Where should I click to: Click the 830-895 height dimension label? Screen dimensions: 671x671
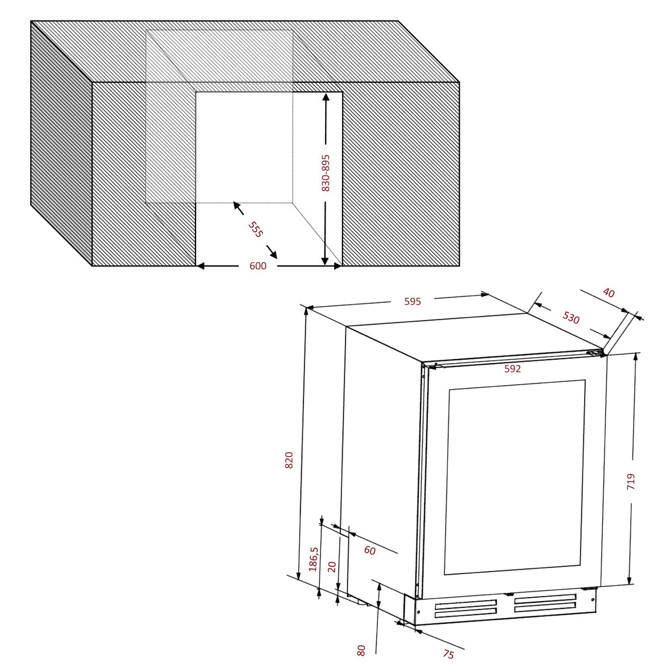pos(326,173)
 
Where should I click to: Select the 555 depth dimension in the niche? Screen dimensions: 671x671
pos(256,230)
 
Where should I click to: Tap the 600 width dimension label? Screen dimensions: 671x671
pos(258,266)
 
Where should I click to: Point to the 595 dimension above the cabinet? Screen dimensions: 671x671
pos(412,301)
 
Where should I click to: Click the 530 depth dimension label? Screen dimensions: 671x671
pos(571,318)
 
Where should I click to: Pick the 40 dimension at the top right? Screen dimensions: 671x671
pos(609,293)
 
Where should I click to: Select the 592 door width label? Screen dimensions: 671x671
pos(512,368)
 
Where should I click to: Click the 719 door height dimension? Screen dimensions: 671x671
pos(631,481)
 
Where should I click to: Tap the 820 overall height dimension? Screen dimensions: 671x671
pos(289,460)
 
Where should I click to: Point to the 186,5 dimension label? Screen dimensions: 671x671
pos(314,559)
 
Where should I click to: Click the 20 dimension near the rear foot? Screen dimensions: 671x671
pos(332,567)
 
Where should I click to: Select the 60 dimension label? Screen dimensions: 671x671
pos(370,551)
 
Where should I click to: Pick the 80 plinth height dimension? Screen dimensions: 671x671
pos(361,651)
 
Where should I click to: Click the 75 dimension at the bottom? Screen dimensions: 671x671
pos(448,654)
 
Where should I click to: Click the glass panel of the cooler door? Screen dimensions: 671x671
pos(515,477)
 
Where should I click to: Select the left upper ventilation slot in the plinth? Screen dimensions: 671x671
pos(466,604)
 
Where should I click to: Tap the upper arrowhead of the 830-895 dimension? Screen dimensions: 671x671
pos(326,98)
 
